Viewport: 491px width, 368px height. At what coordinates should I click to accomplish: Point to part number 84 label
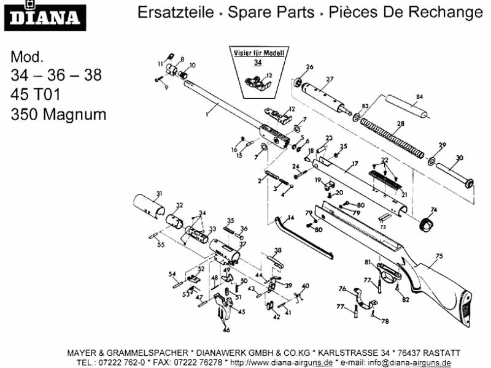pyautogui.click(x=420, y=97)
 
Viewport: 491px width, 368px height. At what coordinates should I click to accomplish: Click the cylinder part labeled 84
pyautogui.click(x=406, y=108)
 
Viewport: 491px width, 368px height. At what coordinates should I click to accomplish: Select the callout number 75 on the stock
pyautogui.click(x=438, y=256)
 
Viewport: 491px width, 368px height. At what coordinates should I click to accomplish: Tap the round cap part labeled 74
pyautogui.click(x=428, y=224)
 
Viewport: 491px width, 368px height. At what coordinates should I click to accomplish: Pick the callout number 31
pyautogui.click(x=158, y=194)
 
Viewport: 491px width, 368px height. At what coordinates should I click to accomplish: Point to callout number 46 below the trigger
pyautogui.click(x=226, y=330)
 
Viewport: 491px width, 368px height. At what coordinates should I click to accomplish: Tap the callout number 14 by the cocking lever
pyautogui.click(x=292, y=218)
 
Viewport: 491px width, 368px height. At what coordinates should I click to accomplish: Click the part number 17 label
pyautogui.click(x=354, y=164)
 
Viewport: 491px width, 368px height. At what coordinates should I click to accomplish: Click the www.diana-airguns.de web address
pyautogui.click(x=281, y=362)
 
